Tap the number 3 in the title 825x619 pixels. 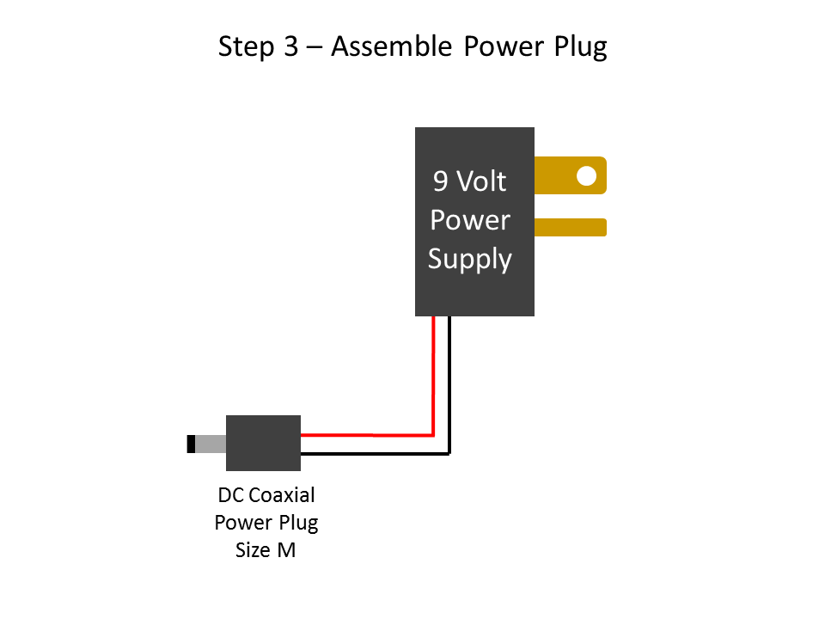click(290, 46)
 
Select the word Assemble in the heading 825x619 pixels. click(391, 46)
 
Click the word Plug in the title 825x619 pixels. click(579, 46)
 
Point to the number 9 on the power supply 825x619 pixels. click(440, 181)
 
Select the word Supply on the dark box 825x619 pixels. click(470, 259)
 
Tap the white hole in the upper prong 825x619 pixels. click(586, 175)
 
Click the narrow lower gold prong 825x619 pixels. click(571, 227)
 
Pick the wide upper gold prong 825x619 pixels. click(559, 175)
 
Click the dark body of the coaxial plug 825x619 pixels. click(263, 443)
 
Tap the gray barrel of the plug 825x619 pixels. click(211, 444)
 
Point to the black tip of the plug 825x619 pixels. click(191, 444)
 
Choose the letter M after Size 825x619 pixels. click(286, 550)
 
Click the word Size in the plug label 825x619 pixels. click(253, 550)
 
